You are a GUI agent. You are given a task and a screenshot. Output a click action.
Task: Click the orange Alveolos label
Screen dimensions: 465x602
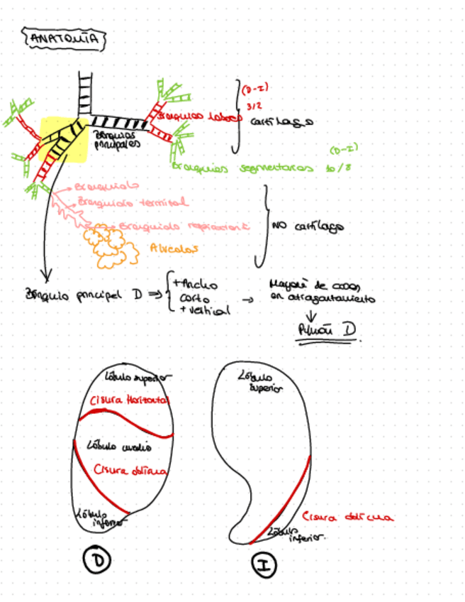174,248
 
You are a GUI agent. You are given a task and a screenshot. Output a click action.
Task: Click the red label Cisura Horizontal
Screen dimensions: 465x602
131,400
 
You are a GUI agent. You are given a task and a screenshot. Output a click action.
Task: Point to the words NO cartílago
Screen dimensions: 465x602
307,226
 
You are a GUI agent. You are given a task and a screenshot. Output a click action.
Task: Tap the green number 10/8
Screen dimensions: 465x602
338,169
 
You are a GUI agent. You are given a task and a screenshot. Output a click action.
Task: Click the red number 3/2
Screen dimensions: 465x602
252,106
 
